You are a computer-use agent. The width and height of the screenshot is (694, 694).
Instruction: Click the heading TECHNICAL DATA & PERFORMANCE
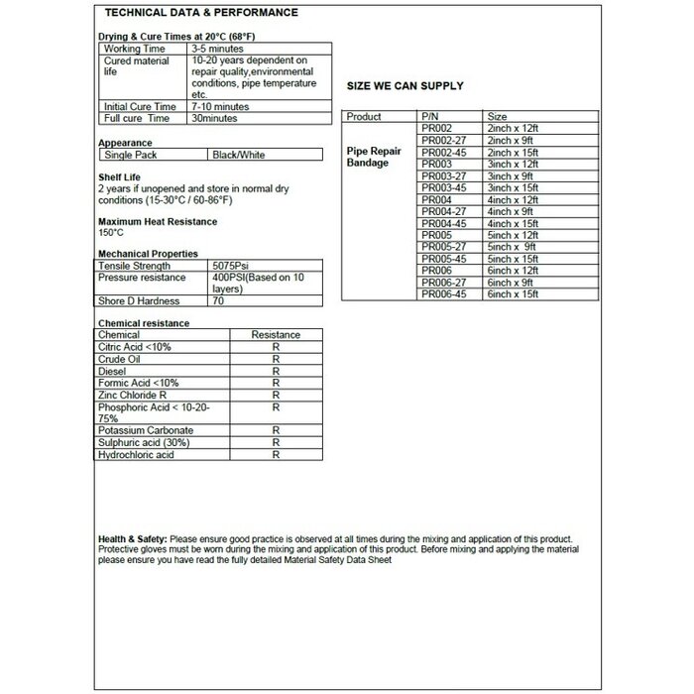click(x=200, y=13)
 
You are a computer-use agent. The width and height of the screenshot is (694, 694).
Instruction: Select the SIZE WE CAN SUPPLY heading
click(x=404, y=86)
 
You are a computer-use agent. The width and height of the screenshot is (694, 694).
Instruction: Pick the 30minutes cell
click(x=216, y=118)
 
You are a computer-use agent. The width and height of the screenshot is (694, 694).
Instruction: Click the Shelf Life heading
click(x=121, y=175)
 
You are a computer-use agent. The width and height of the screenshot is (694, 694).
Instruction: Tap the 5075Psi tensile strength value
click(x=233, y=266)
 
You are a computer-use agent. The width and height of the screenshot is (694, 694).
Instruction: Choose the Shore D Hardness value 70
click(x=218, y=300)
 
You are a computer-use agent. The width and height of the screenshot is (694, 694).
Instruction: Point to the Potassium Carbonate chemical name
click(x=146, y=430)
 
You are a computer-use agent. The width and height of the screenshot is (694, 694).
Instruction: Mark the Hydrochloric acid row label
click(x=136, y=454)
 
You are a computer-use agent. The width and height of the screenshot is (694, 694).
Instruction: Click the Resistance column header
click(x=276, y=335)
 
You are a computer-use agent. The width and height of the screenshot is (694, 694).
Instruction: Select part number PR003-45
click(x=443, y=187)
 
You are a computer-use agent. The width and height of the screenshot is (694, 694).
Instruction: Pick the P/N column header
click(x=429, y=117)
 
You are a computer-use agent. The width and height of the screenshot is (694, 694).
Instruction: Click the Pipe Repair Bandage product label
click(x=373, y=156)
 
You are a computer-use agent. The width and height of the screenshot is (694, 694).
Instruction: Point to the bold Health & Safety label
click(x=133, y=536)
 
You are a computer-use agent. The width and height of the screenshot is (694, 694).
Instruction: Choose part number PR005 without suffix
click(x=436, y=235)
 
